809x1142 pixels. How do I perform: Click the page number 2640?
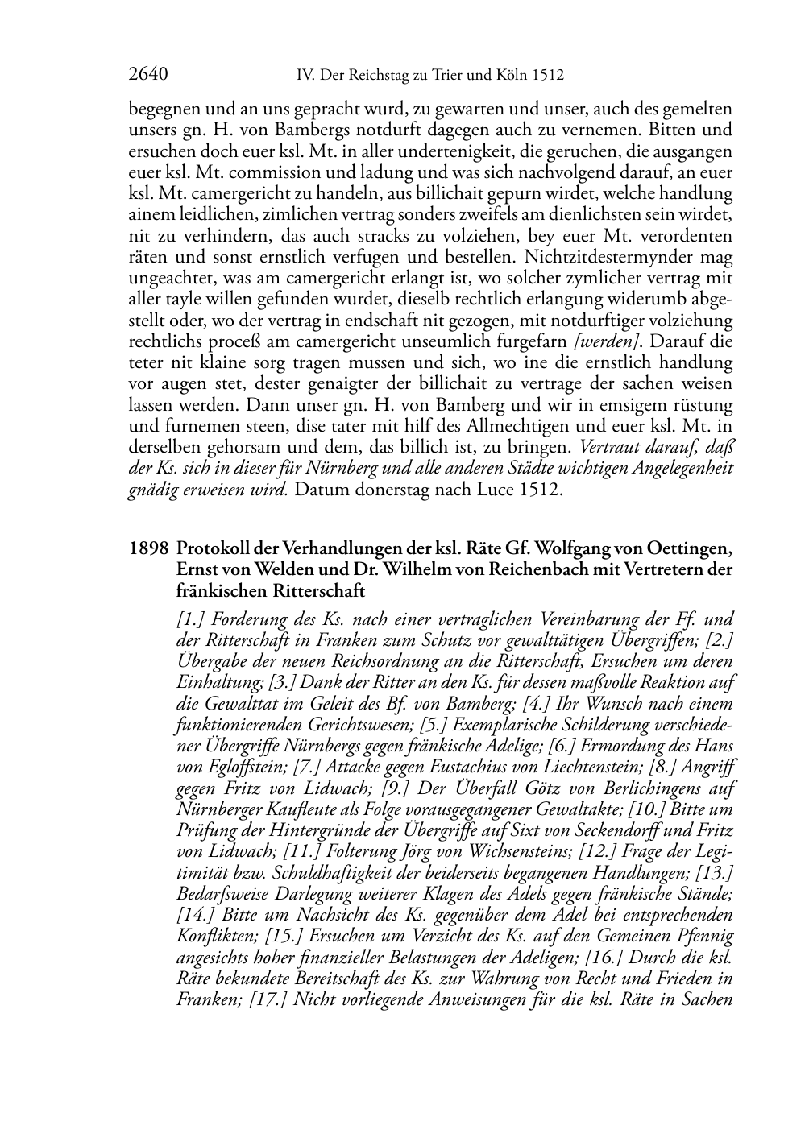[x=147, y=75]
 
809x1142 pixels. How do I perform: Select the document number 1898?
[x=148, y=549]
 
